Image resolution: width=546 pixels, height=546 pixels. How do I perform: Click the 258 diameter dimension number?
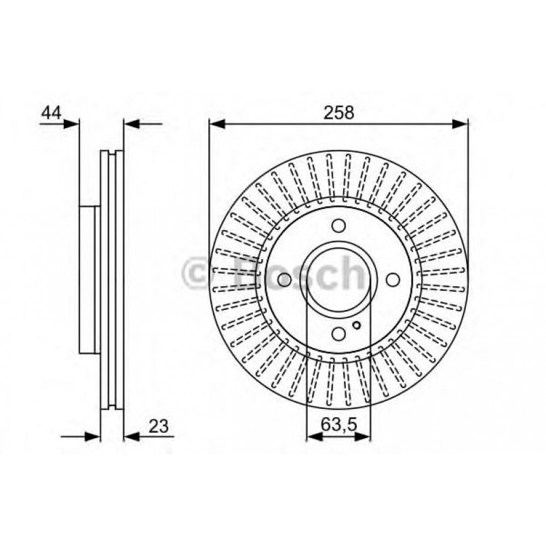click(x=339, y=113)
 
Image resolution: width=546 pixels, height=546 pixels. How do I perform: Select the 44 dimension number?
click(x=51, y=113)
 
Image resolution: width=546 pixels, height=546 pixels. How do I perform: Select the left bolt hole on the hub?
click(x=285, y=279)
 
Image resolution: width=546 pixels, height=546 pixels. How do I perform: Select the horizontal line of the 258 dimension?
click(x=339, y=123)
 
